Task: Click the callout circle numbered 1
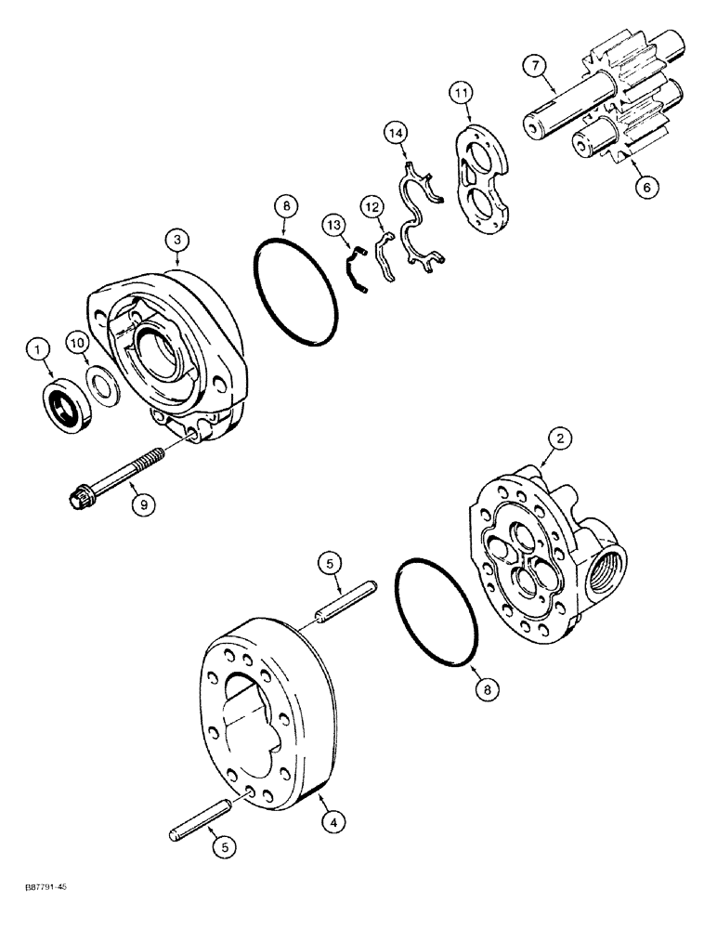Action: [37, 350]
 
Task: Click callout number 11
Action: [462, 93]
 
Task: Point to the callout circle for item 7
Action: [534, 66]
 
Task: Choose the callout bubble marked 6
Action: [647, 185]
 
